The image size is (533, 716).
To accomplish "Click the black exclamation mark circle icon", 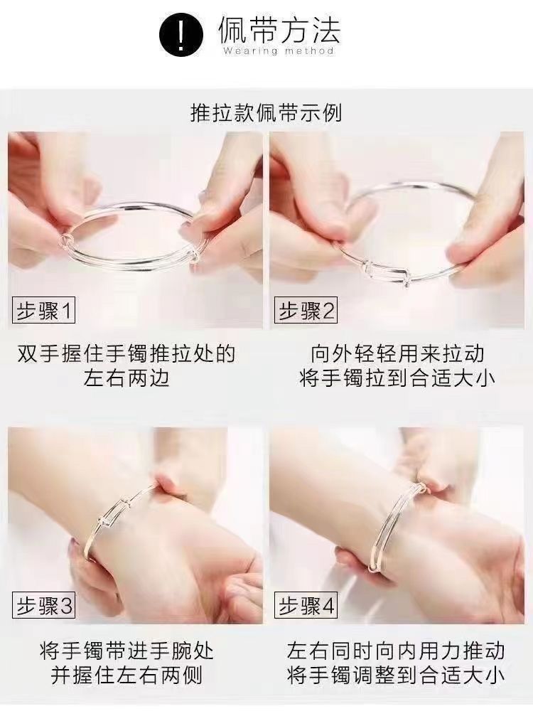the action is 181,35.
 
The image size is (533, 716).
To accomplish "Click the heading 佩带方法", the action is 279,30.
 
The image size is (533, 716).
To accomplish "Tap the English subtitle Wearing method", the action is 279,50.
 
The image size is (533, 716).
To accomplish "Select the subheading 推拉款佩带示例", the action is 266,113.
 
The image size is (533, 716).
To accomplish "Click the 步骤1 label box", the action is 44,311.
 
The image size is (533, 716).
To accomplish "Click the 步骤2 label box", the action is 306,311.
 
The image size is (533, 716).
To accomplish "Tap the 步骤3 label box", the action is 44,607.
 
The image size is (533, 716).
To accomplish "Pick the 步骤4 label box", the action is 306,607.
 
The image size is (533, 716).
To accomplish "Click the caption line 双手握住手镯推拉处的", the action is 126,354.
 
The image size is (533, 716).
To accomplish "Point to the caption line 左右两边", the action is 126,378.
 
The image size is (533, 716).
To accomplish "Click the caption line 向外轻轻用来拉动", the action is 397,354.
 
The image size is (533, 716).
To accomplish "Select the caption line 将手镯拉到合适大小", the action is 397,378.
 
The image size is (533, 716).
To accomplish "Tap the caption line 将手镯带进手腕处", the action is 126,651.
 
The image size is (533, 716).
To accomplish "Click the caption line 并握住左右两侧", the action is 126,675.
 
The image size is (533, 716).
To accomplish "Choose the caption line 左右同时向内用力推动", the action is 396,651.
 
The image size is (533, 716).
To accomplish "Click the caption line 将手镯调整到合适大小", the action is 396,675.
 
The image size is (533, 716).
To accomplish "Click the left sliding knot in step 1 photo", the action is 65,240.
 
